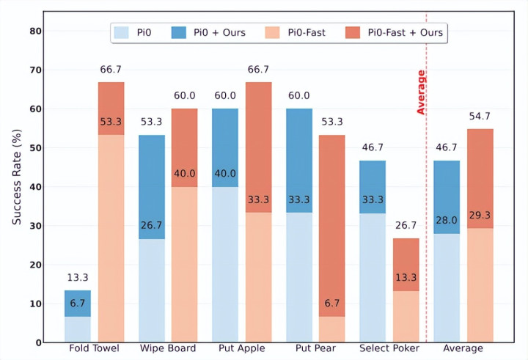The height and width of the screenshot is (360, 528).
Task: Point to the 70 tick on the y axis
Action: click(x=34, y=70)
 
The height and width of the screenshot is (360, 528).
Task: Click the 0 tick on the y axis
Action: click(x=37, y=342)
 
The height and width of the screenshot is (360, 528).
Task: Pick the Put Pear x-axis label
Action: click(x=315, y=348)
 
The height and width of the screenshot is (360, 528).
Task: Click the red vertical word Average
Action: click(x=422, y=92)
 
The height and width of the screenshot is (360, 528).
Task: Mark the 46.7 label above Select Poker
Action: click(x=373, y=147)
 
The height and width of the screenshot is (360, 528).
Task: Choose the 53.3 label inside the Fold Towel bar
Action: click(x=111, y=121)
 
